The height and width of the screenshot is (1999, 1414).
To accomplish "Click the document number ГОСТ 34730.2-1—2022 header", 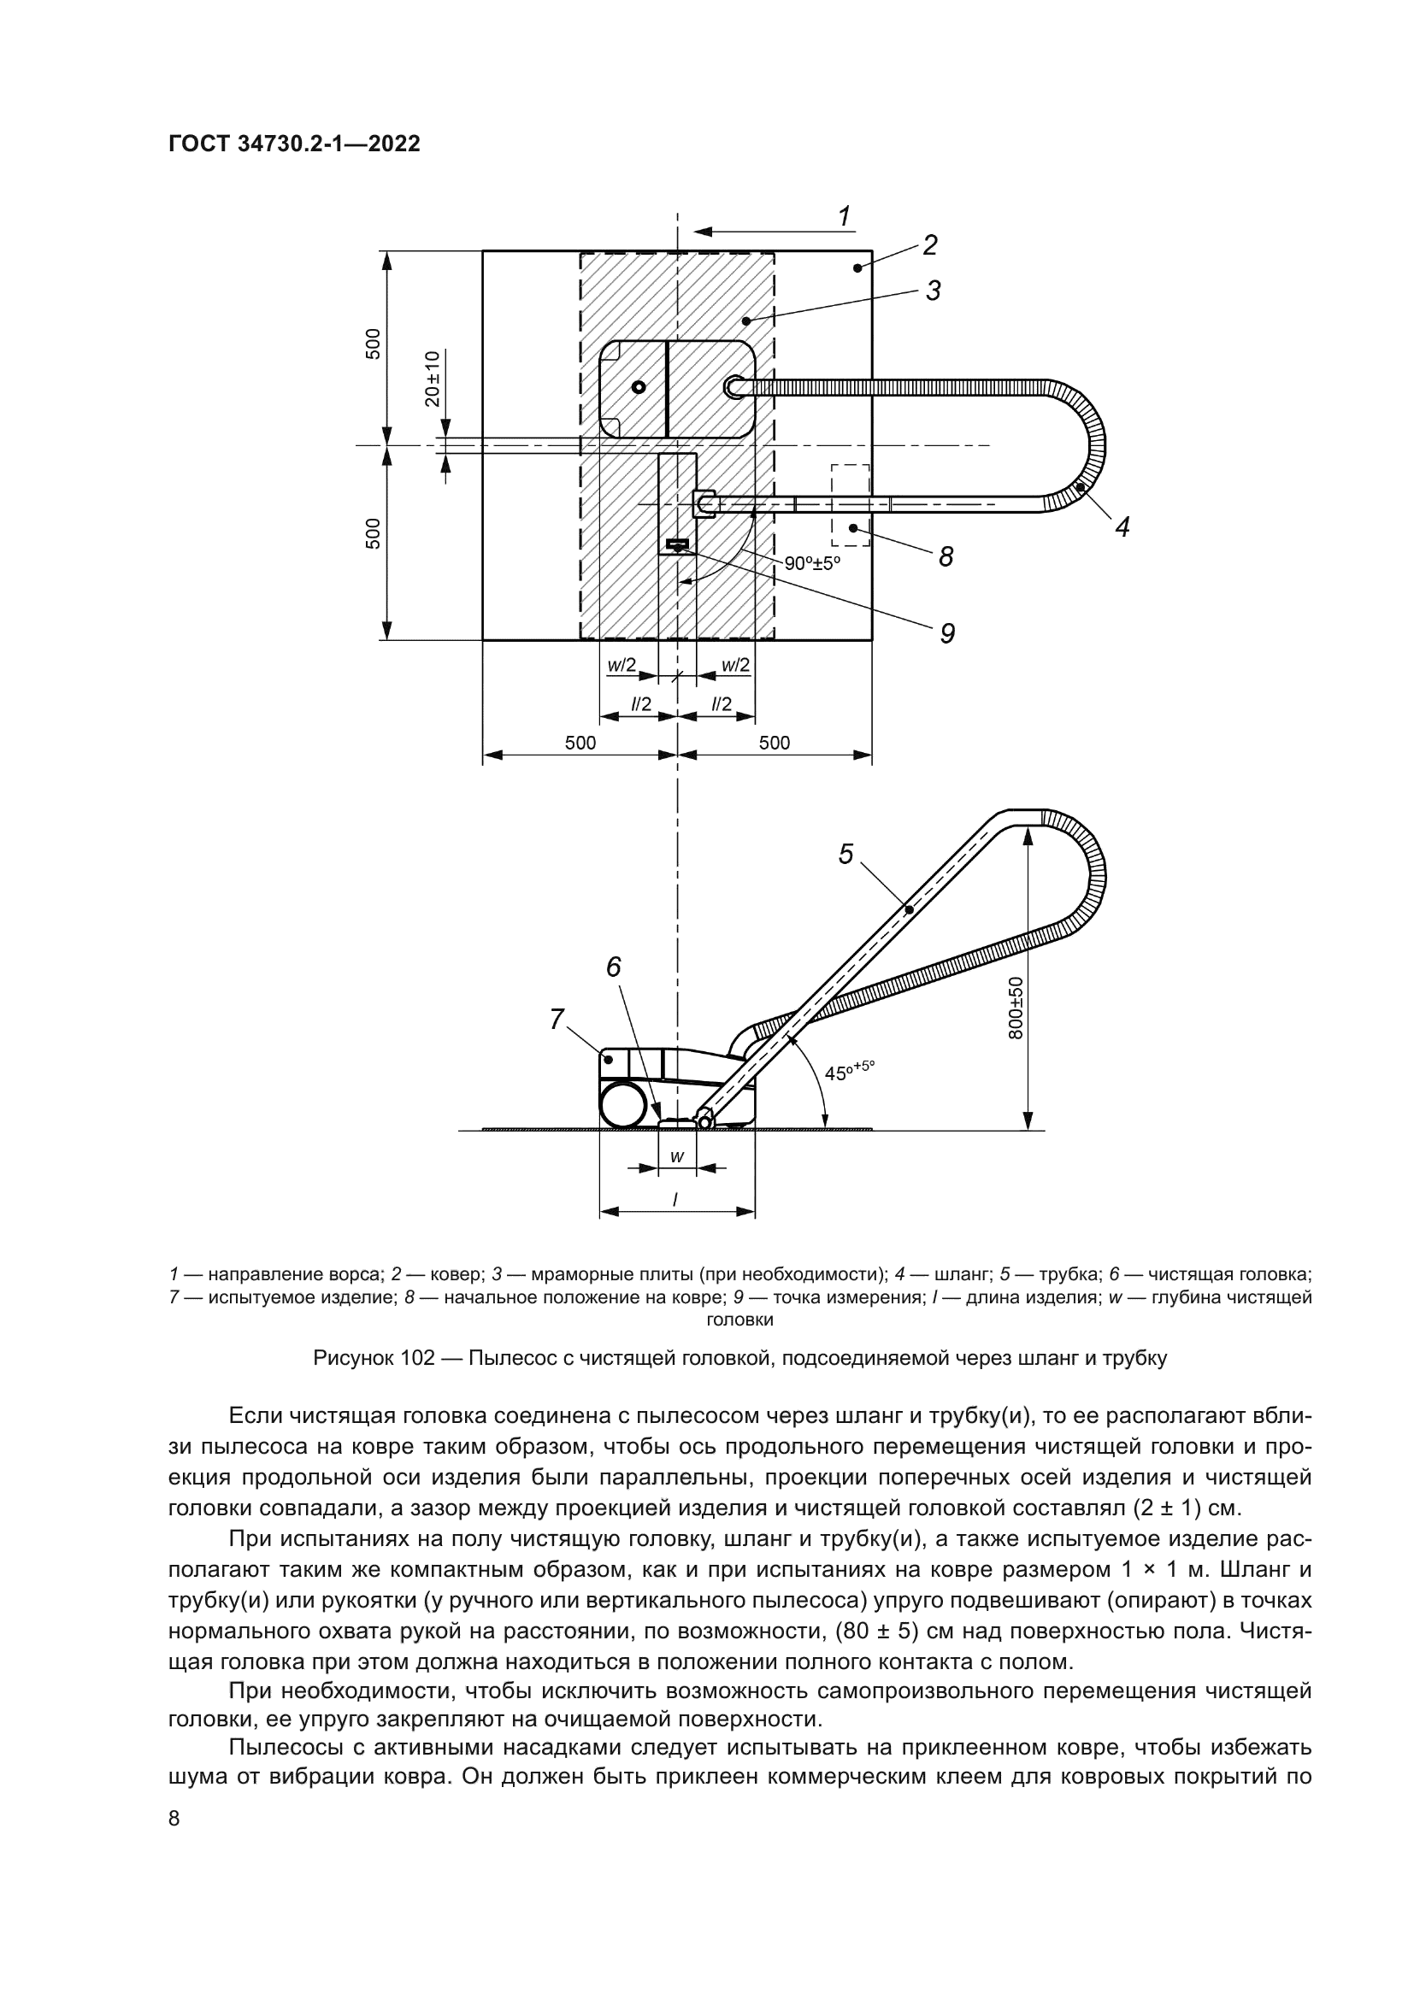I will pyautogui.click(x=293, y=144).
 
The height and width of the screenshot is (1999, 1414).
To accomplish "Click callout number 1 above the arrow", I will pyautogui.click(x=843, y=216).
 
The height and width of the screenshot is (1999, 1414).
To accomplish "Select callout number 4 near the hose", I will pyautogui.click(x=1122, y=526).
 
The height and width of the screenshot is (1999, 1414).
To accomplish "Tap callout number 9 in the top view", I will pyautogui.click(x=947, y=633).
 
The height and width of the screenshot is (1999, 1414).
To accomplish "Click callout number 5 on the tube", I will pyautogui.click(x=845, y=854).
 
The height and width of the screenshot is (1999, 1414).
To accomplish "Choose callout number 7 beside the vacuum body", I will pyautogui.click(x=557, y=1019).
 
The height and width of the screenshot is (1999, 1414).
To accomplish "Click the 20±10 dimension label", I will pyautogui.click(x=433, y=379).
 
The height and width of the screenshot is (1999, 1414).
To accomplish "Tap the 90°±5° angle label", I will pyautogui.click(x=811, y=563).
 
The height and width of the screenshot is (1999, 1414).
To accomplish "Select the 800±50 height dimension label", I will pyautogui.click(x=1016, y=1008).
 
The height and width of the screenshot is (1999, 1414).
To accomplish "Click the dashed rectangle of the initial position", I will pyautogui.click(x=850, y=505).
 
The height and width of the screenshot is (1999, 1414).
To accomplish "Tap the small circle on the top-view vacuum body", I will pyautogui.click(x=639, y=387).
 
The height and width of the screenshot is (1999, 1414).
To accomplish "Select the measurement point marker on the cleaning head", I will pyautogui.click(x=676, y=545).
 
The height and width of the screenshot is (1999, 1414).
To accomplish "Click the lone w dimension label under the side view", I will pyautogui.click(x=676, y=1156).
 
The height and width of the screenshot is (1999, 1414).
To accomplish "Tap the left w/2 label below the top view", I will pyautogui.click(x=621, y=665).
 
